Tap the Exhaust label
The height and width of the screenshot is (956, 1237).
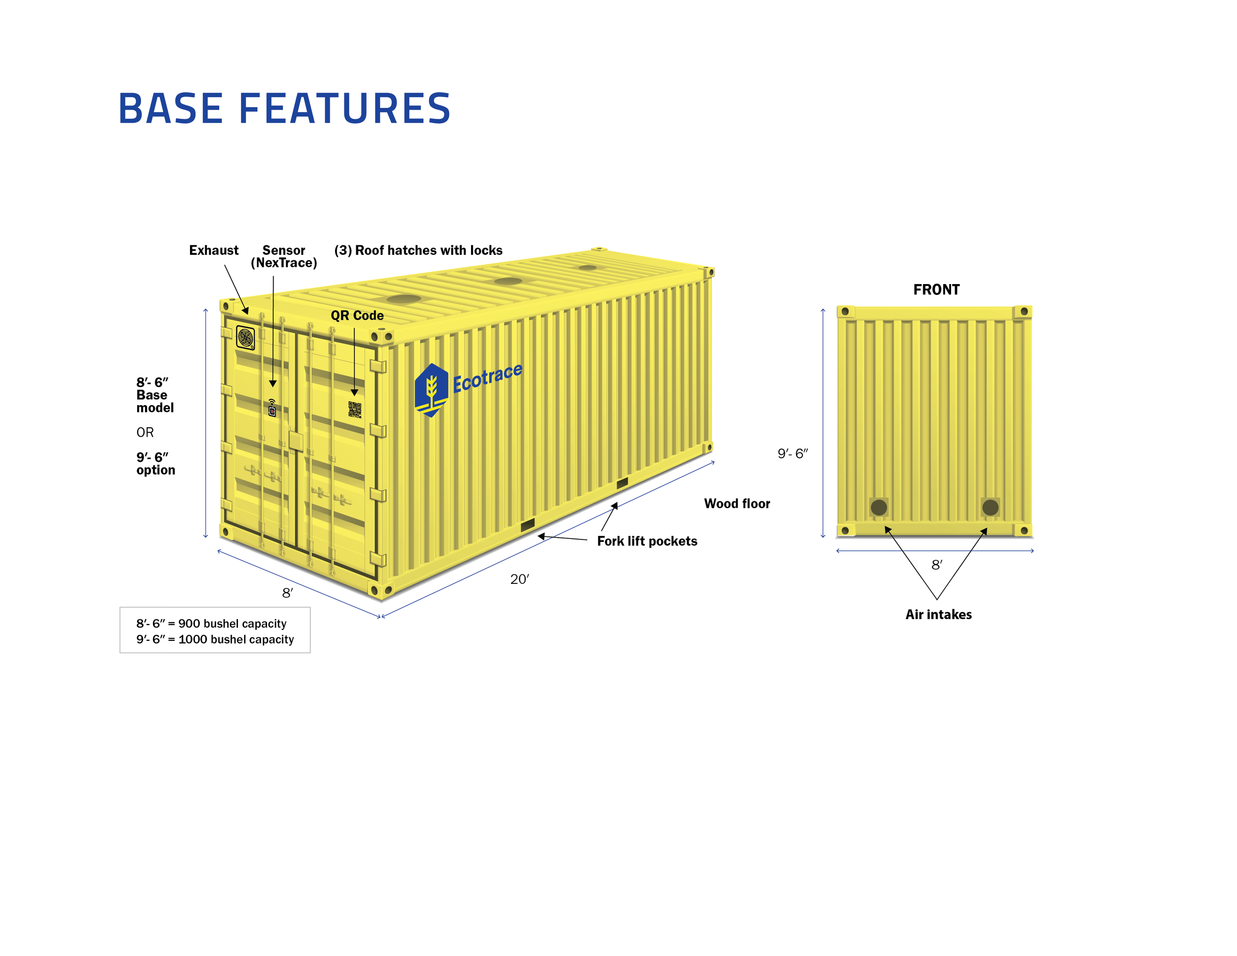tap(214, 250)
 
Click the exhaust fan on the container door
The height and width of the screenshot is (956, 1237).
tap(245, 337)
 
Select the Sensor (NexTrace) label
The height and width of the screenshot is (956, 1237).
tap(284, 256)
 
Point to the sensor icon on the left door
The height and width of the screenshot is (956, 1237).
tap(272, 408)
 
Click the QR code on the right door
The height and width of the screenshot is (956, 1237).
tap(355, 410)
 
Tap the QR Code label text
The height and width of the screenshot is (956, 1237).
tap(357, 316)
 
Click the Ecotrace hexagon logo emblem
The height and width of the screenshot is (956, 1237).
tap(431, 389)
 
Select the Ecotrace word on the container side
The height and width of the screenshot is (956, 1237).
tap(487, 378)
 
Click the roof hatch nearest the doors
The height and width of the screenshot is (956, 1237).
tap(403, 299)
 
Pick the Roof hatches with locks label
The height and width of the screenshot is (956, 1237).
tap(418, 250)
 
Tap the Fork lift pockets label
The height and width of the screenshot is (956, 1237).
tap(647, 541)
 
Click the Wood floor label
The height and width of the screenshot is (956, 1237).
tap(736, 504)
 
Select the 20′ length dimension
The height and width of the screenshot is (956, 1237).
tap(520, 579)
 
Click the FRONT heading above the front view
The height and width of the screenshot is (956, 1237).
tap(936, 290)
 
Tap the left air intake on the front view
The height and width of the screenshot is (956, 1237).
tap(878, 507)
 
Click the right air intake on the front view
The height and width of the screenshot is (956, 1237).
tap(990, 507)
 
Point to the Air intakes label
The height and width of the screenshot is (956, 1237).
tap(938, 615)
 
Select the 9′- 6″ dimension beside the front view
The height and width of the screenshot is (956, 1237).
tap(792, 454)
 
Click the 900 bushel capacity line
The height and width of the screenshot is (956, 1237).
tap(211, 623)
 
